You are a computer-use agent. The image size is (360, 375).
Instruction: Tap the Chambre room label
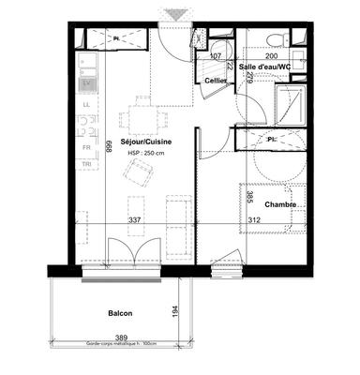[x=281, y=203]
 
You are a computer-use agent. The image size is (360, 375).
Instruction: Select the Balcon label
[x=119, y=313]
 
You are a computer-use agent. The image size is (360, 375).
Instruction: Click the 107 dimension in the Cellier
[x=216, y=56]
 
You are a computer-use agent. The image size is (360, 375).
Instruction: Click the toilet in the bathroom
[x=276, y=37]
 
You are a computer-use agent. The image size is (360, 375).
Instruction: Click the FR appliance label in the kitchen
[x=86, y=148]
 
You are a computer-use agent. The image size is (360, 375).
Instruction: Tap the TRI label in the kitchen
[x=86, y=165]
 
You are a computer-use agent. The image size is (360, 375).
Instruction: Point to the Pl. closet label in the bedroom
[x=273, y=140]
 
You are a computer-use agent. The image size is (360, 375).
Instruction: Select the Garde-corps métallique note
[x=119, y=344]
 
